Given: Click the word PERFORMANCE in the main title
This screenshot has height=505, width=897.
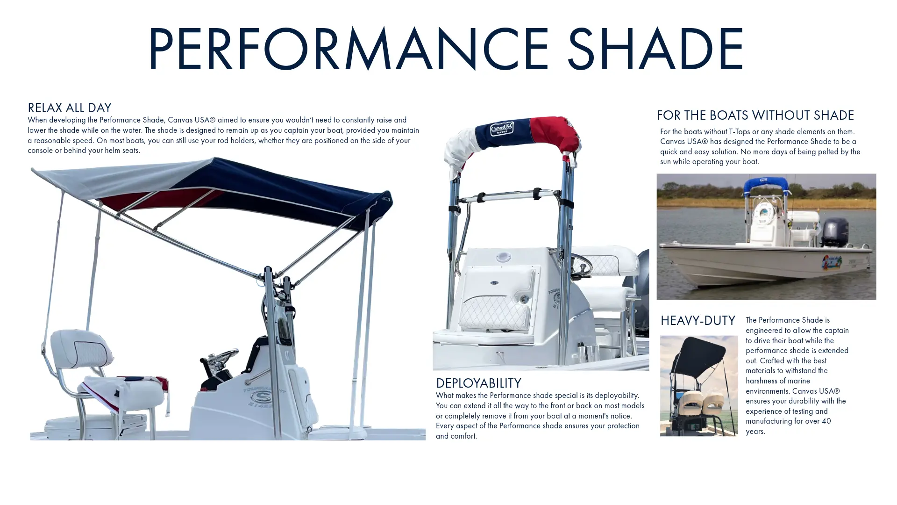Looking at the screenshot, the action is pyautogui.click(x=349, y=49).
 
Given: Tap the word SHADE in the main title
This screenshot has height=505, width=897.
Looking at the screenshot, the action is pyautogui.click(x=655, y=49).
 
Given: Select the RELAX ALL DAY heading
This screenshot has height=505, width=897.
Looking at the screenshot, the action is pyautogui.click(x=69, y=108).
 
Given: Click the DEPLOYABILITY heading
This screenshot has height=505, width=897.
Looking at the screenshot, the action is pyautogui.click(x=478, y=383).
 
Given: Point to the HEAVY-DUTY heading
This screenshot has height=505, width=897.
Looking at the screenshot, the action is pyautogui.click(x=698, y=321).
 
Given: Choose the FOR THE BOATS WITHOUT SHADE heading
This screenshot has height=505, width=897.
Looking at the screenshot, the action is pyautogui.click(x=755, y=115).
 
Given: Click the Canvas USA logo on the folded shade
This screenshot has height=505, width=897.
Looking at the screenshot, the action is pyautogui.click(x=502, y=129).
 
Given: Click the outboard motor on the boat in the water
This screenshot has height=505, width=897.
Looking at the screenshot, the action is pyautogui.click(x=834, y=232).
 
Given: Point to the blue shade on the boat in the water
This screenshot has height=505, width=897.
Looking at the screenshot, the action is pyautogui.click(x=766, y=185).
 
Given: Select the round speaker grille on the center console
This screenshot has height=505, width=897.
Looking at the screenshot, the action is pyautogui.click(x=503, y=257).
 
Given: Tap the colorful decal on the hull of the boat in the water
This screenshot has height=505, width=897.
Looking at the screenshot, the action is pyautogui.click(x=832, y=263).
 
